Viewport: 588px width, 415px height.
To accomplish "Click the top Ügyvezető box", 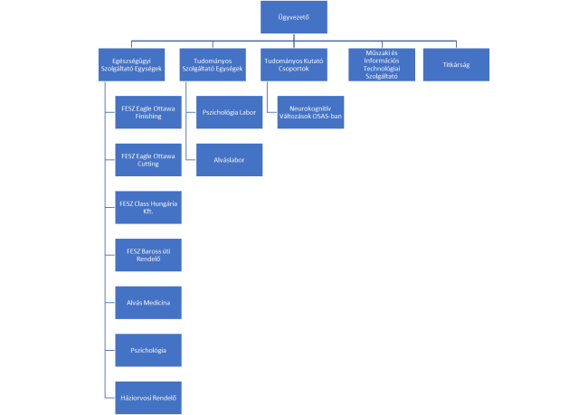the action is [294, 17].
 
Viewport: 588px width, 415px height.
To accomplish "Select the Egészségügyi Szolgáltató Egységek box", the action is [132, 64].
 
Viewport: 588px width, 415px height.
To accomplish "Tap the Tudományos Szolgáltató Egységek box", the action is [213, 64].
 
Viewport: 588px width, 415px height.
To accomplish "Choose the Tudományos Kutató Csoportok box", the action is [294, 64].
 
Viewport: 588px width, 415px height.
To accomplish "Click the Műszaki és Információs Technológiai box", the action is [382, 64].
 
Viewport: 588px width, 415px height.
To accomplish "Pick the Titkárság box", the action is [456, 64].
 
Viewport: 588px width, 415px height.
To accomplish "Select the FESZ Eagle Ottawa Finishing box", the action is [148, 112].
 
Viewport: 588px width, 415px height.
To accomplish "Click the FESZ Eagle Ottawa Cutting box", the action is [148, 160].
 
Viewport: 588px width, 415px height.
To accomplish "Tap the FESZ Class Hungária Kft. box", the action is [148, 207].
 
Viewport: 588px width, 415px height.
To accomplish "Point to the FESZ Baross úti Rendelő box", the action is [148, 255].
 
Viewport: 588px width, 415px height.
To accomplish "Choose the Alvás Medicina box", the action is [148, 303].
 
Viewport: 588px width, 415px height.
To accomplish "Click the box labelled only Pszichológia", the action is [148, 350].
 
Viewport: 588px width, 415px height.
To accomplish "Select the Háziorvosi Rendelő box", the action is [148, 398].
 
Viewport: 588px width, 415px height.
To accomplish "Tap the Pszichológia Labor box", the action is [229, 112].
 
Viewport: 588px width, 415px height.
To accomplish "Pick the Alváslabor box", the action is [229, 160].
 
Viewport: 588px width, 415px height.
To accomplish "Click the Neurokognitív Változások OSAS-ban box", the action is [310, 112].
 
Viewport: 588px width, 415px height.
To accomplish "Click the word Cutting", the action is [148, 164].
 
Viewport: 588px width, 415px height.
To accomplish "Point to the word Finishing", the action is [148, 117].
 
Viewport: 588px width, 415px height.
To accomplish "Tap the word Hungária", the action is [164, 204].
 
